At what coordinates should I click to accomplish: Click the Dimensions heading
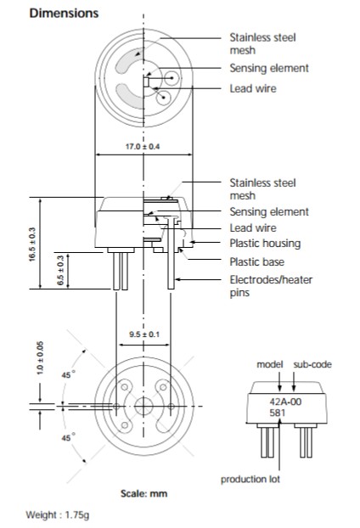[x=64, y=13]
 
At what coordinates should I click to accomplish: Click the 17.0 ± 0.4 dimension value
[x=143, y=147]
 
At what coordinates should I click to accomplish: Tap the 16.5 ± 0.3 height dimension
[x=32, y=244]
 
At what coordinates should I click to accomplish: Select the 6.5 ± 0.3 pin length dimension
[x=60, y=270]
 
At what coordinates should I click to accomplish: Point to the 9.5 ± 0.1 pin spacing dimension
[x=144, y=334]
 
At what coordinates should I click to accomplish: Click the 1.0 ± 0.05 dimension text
[x=40, y=358]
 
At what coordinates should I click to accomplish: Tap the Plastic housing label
[x=265, y=243]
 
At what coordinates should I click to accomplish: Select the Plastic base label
[x=257, y=261]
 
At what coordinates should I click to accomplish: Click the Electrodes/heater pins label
[x=271, y=286]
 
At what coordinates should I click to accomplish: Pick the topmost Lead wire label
[x=253, y=88]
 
